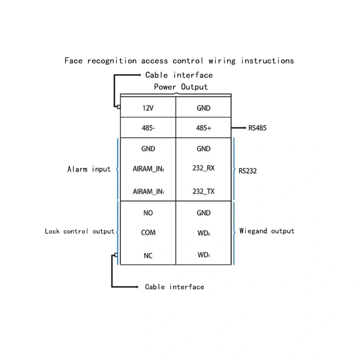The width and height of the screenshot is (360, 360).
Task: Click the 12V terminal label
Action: (x=148, y=108)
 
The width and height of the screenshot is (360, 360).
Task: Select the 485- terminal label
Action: (x=148, y=128)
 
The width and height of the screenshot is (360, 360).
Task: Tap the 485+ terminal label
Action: (x=204, y=128)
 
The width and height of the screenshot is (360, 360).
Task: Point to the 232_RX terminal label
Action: (x=204, y=168)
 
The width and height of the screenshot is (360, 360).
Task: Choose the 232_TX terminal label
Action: (x=204, y=191)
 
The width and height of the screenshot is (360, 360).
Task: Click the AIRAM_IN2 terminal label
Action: (x=148, y=169)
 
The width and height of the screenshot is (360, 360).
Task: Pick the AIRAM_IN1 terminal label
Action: (x=148, y=191)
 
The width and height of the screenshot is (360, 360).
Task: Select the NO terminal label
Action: (x=148, y=213)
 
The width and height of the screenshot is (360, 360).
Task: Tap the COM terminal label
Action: (x=148, y=232)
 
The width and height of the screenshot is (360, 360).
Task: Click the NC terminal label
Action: (x=148, y=255)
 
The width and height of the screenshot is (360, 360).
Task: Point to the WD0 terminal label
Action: (x=204, y=233)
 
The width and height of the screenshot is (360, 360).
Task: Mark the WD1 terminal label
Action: (x=204, y=255)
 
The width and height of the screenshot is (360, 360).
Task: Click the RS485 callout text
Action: (x=258, y=128)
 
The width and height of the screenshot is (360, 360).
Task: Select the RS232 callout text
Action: (x=247, y=171)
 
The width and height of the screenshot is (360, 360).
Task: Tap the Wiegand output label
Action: (x=267, y=231)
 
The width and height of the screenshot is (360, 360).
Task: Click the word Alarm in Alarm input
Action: (x=78, y=169)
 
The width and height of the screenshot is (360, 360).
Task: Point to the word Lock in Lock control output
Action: (x=52, y=231)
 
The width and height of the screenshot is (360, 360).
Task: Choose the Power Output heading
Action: (x=181, y=87)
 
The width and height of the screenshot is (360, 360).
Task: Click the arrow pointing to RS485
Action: (x=238, y=128)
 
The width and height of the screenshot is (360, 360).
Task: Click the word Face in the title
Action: (x=73, y=61)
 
